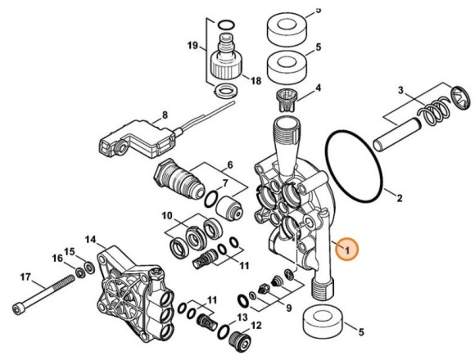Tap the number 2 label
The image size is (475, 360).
pyautogui.click(x=400, y=198)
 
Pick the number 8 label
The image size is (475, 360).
pyautogui.click(x=230, y=164)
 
